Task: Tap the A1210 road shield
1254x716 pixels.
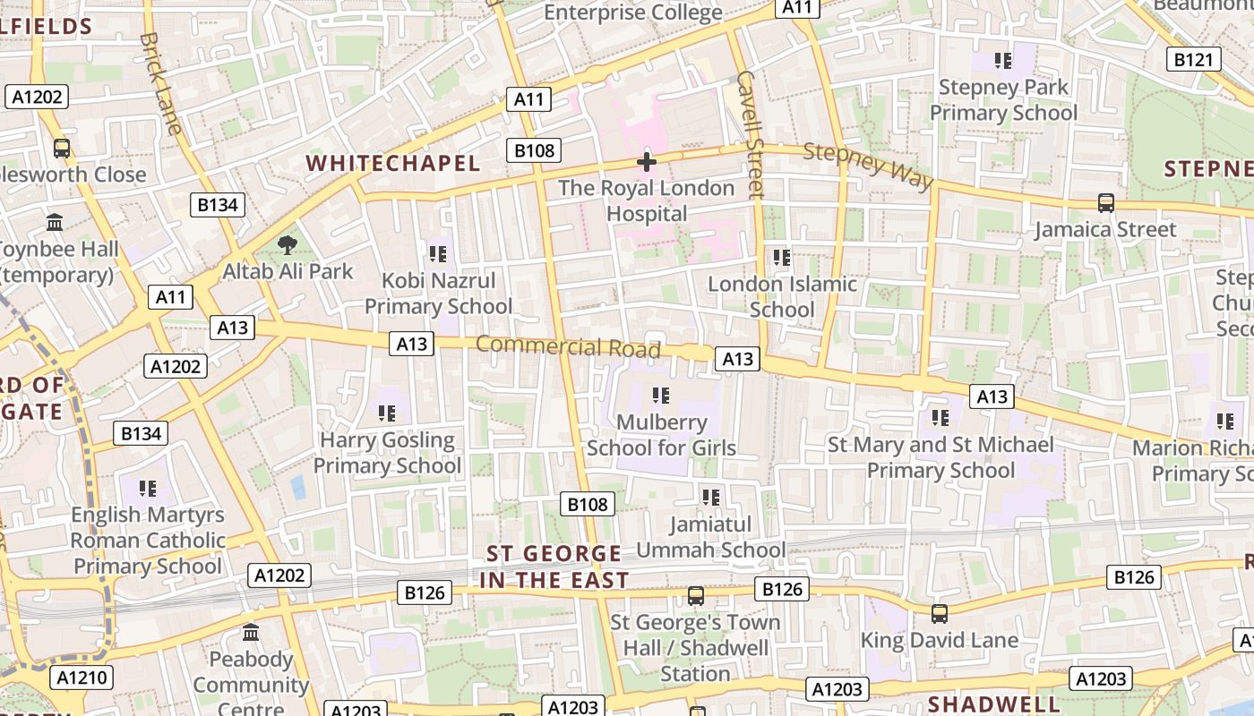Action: (82, 678)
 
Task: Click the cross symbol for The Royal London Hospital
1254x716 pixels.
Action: (646, 162)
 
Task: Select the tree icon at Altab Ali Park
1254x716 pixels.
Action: (288, 244)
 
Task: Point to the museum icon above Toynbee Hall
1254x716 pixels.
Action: (55, 221)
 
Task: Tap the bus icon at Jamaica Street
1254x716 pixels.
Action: (1106, 203)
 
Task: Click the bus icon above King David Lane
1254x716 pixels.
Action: (939, 614)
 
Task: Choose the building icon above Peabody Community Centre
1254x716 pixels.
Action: (251, 633)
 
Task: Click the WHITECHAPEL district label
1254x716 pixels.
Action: (393, 163)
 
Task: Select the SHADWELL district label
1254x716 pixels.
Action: (993, 703)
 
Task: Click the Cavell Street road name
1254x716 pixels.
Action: (750, 134)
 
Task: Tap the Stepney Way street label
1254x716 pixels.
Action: (868, 165)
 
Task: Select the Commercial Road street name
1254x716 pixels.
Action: (568, 346)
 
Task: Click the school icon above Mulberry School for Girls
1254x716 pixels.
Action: (661, 395)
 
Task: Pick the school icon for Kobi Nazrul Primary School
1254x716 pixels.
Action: (438, 254)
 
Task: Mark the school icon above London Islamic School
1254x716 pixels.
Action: (782, 258)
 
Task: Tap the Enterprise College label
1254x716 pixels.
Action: (632, 13)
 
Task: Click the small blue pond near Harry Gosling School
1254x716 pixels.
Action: (297, 487)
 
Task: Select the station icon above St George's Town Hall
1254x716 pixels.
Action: (695, 596)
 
